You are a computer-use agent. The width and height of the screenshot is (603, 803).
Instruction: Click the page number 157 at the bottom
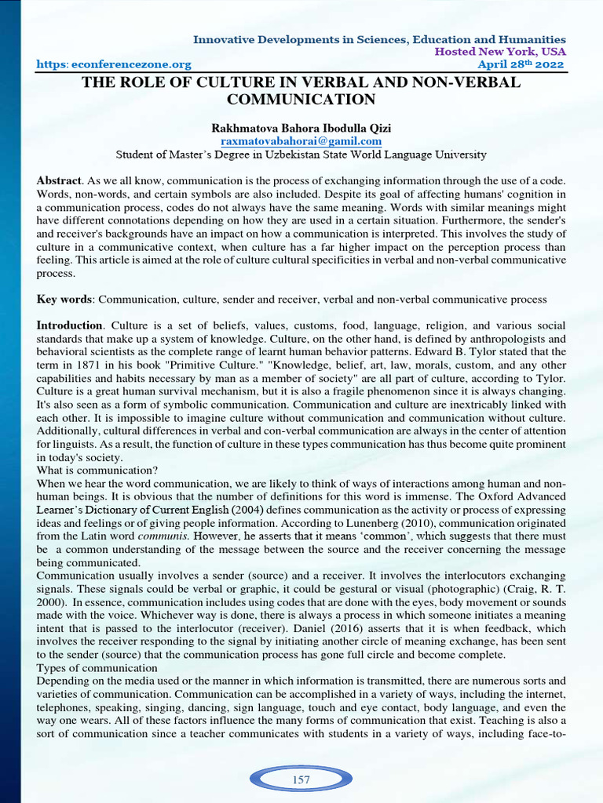(301, 779)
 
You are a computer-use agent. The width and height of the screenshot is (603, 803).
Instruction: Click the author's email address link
(301, 140)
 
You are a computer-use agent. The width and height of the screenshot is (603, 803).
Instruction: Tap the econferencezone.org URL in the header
(114, 64)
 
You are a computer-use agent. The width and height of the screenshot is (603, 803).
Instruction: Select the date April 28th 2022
(521, 64)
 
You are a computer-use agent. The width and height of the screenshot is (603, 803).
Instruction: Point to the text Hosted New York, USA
(501, 52)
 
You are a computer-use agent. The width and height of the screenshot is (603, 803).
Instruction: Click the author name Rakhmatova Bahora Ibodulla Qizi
(301, 127)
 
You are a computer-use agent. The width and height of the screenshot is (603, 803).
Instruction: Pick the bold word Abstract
(58, 180)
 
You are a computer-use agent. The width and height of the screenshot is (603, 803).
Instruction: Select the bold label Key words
(64, 300)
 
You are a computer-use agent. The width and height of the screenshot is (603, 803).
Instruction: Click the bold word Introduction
(69, 325)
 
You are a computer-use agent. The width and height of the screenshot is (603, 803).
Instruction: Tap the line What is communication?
(97, 471)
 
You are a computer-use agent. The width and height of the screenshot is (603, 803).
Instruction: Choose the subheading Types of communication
(97, 667)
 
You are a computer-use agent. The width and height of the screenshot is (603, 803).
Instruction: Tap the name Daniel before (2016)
(382, 628)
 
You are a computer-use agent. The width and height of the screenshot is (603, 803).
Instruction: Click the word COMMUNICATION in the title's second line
(301, 100)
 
